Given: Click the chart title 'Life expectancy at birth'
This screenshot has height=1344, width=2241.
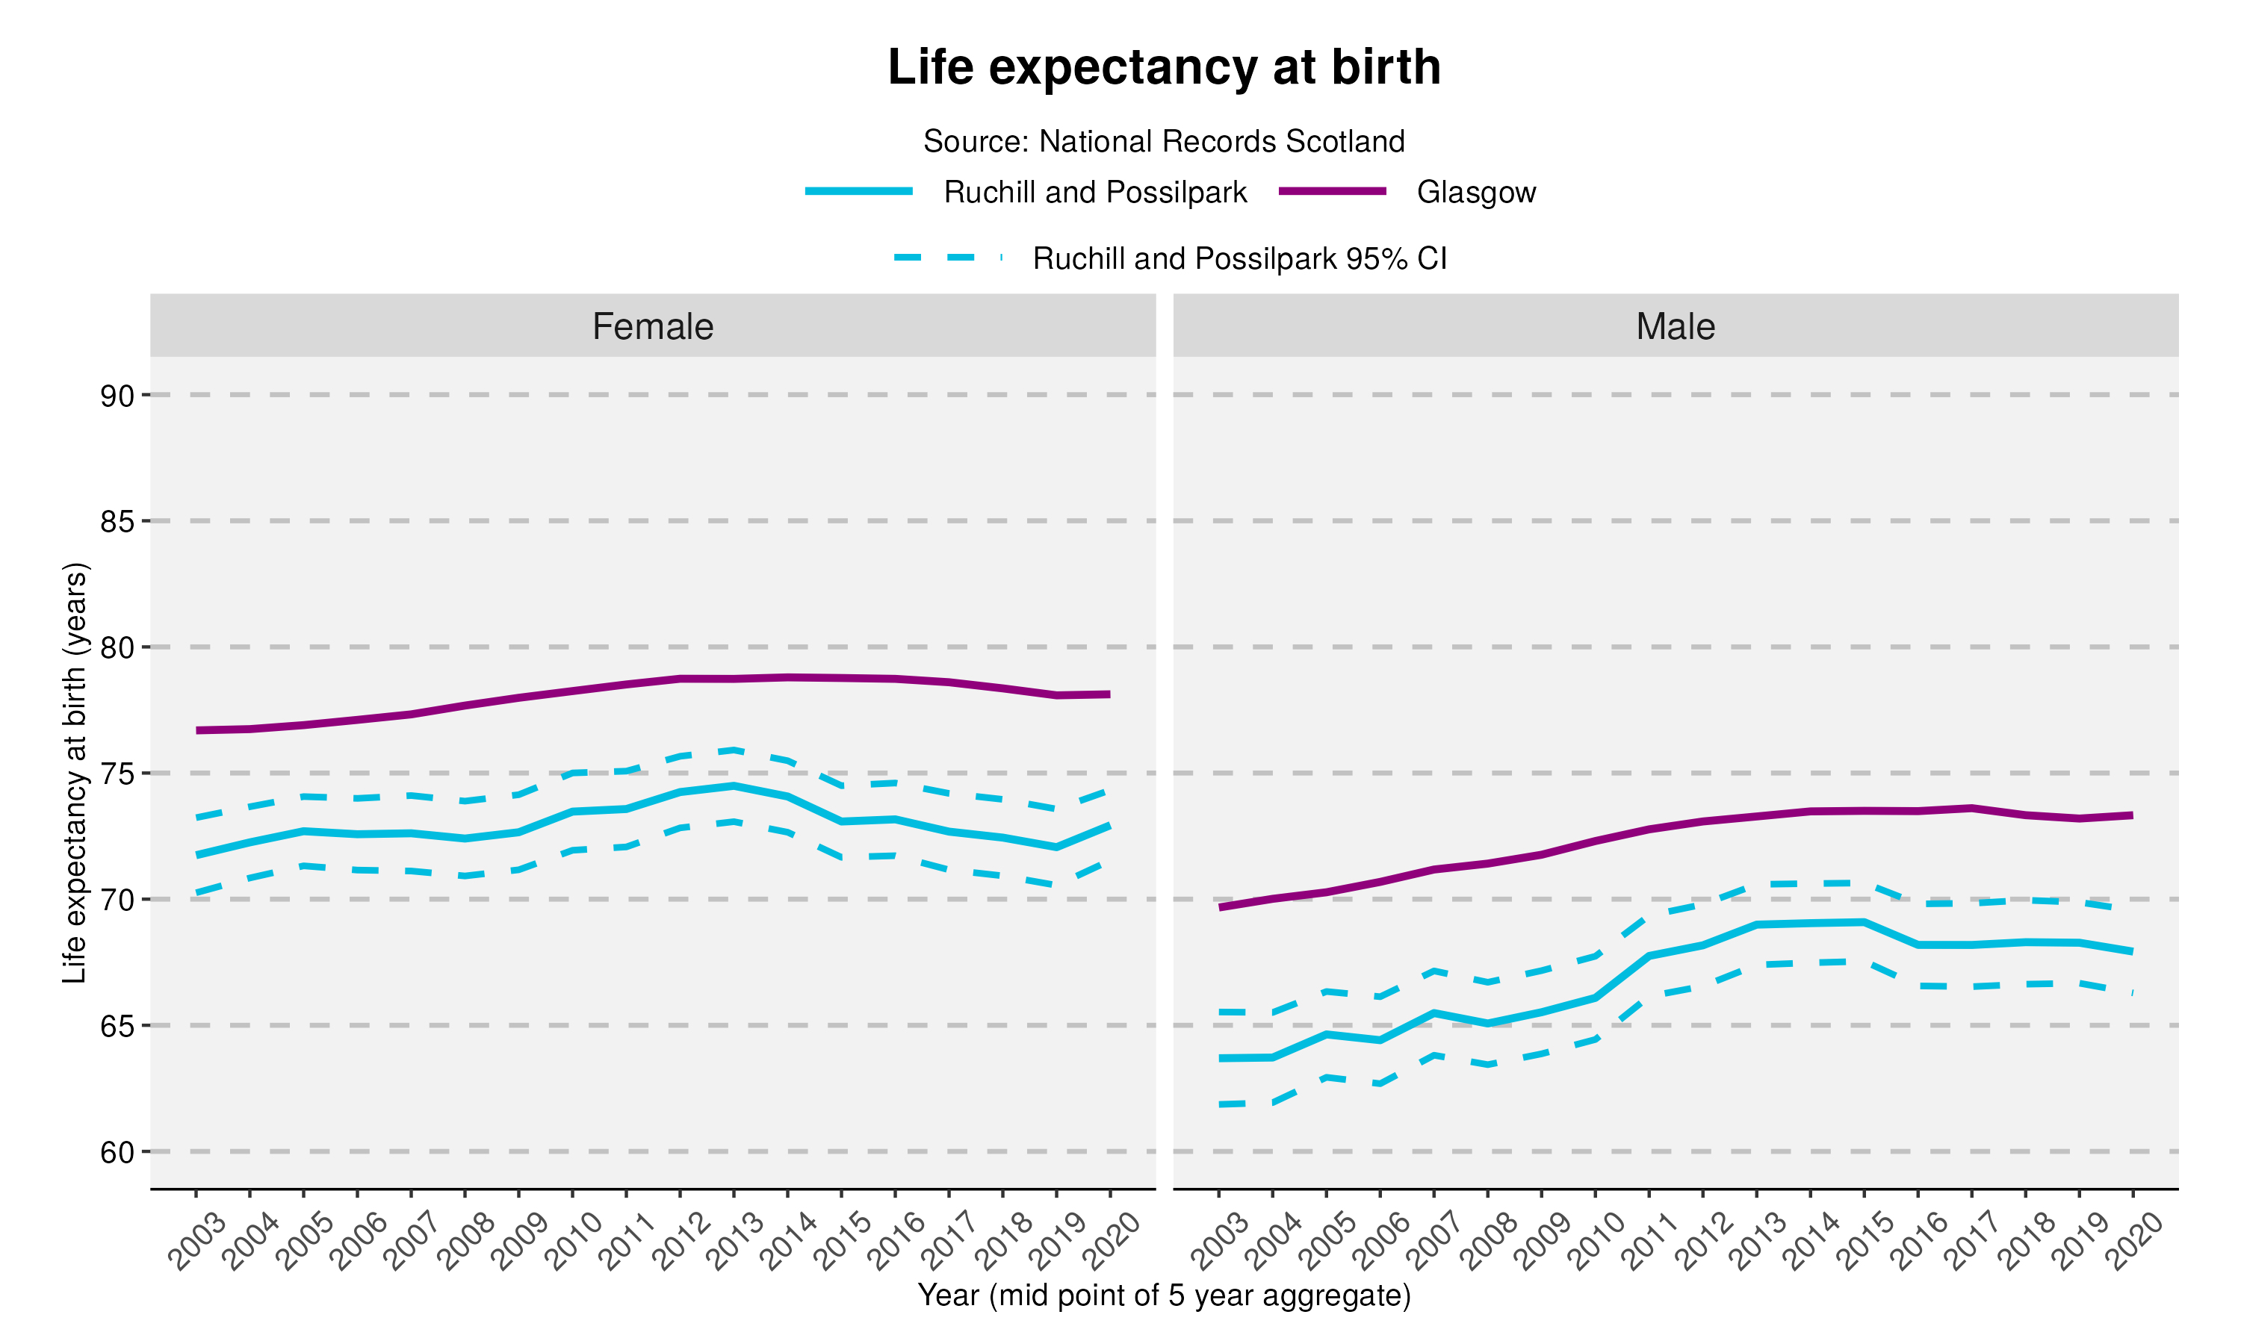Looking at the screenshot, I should click(1163, 68).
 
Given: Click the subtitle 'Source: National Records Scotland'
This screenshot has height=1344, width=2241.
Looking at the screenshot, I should click(1163, 141).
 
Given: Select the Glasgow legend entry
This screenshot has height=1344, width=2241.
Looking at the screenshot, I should click(1475, 192).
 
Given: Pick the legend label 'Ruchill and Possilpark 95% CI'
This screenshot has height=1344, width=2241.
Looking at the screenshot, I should click(1239, 259).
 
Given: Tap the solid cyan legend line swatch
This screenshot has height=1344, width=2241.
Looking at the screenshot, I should click(859, 191).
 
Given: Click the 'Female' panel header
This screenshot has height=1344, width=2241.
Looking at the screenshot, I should click(652, 326).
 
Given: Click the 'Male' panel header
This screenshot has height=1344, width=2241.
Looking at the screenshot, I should click(1675, 326).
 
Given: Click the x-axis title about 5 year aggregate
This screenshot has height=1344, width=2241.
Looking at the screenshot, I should click(1163, 1295).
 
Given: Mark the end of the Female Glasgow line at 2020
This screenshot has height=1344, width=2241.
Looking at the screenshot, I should click(1109, 694).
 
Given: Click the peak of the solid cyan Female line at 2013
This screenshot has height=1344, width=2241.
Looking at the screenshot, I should click(734, 786).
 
